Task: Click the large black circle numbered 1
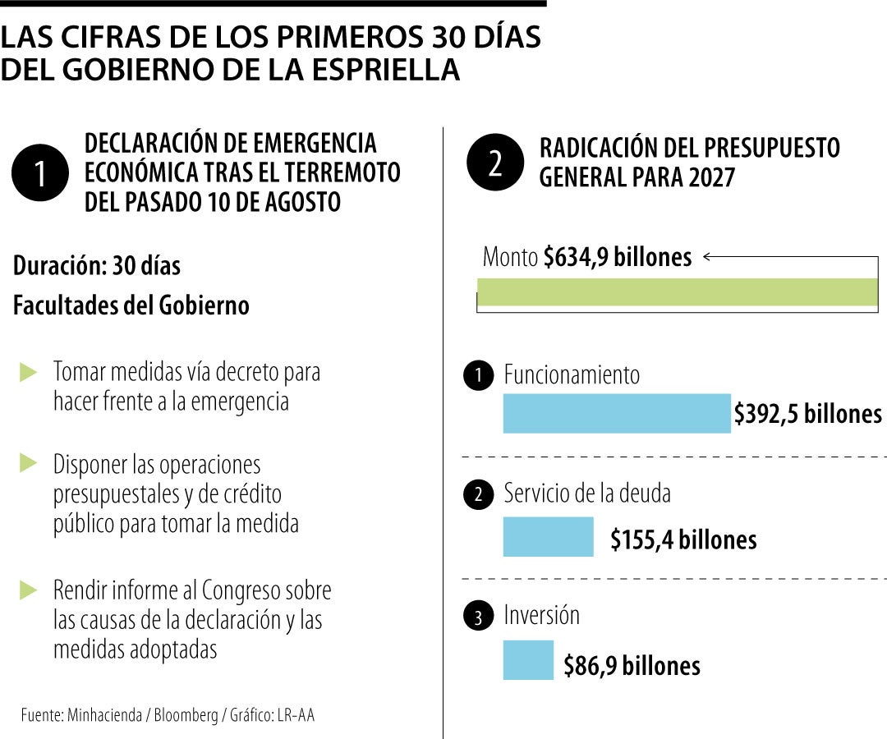[x=40, y=172]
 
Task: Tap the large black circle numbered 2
[x=495, y=163]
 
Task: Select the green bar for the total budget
[x=677, y=291]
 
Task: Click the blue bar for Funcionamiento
[x=617, y=413]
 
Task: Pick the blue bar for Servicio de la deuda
[x=548, y=536]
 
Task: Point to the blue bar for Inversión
[x=528, y=660]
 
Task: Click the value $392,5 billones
[x=808, y=414]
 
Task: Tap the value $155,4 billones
[x=683, y=540]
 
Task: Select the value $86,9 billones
[x=632, y=665]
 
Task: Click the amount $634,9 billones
[x=618, y=257]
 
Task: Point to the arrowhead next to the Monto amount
[x=707, y=257]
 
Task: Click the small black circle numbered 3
[x=479, y=616]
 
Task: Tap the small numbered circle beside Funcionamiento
[x=479, y=375]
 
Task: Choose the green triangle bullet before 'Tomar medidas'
[x=28, y=372]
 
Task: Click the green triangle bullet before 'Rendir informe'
[x=28, y=590]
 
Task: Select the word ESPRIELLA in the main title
[x=386, y=70]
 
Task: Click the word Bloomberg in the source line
[x=186, y=715]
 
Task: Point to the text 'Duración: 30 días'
[x=97, y=266]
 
